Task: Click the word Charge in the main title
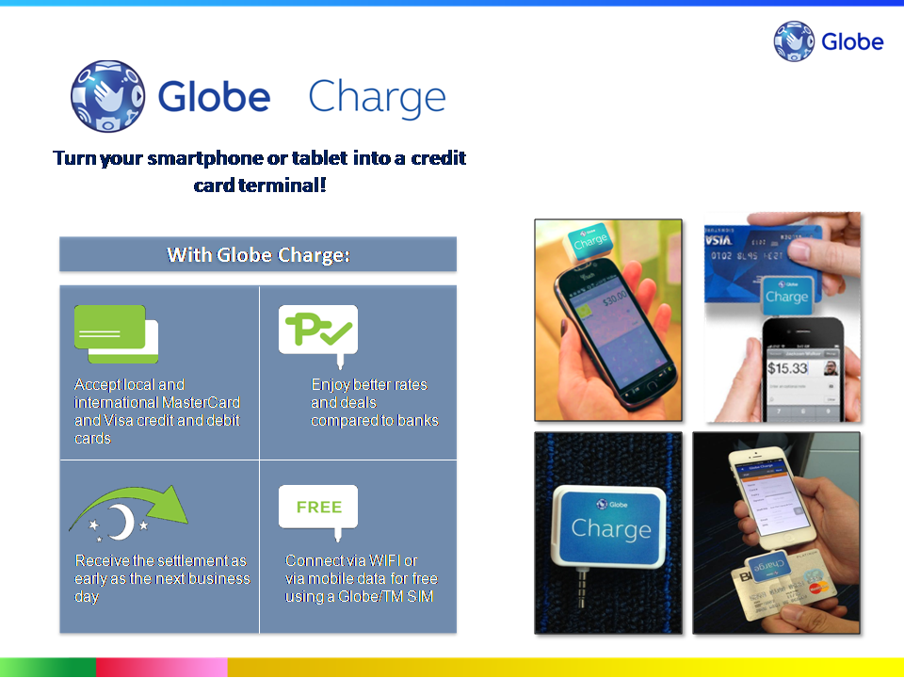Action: click(377, 97)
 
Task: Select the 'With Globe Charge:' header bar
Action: click(258, 254)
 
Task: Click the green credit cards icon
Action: click(116, 333)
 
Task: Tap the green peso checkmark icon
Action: click(318, 330)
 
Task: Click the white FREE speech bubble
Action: click(318, 508)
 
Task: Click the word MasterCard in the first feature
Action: click(201, 402)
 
